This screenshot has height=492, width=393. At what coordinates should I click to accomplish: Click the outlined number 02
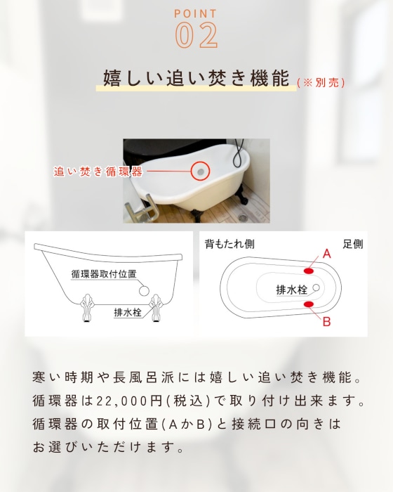point(196,35)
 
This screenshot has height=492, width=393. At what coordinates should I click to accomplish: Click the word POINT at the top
point(196,13)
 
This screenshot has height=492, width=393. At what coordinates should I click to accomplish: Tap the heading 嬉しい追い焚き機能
point(196,78)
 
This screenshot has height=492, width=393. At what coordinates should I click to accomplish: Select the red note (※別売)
point(321,82)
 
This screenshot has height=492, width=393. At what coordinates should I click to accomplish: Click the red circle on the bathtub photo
point(201,171)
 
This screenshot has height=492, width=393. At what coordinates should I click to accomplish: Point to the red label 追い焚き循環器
point(98,171)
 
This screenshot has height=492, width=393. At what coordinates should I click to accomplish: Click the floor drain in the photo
point(243,216)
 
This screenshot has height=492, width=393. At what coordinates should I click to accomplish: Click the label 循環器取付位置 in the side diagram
point(104,273)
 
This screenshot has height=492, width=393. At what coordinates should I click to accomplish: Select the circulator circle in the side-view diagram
point(144,290)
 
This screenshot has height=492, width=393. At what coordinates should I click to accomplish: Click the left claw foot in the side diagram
point(87,308)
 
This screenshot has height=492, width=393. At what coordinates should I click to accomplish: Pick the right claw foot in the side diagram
point(156,308)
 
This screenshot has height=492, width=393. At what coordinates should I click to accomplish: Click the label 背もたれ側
point(229,244)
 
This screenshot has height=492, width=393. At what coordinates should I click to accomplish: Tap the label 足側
point(353,244)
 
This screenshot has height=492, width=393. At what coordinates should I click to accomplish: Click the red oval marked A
point(309,271)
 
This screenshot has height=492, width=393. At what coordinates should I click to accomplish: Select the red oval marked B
point(309,304)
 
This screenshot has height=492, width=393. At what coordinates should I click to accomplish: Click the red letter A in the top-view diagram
point(326,253)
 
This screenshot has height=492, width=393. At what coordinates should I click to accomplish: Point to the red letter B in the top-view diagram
point(326,321)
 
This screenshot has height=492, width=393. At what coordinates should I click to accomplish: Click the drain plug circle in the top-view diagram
point(316,287)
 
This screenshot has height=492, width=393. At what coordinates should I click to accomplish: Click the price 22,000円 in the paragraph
point(129,401)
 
